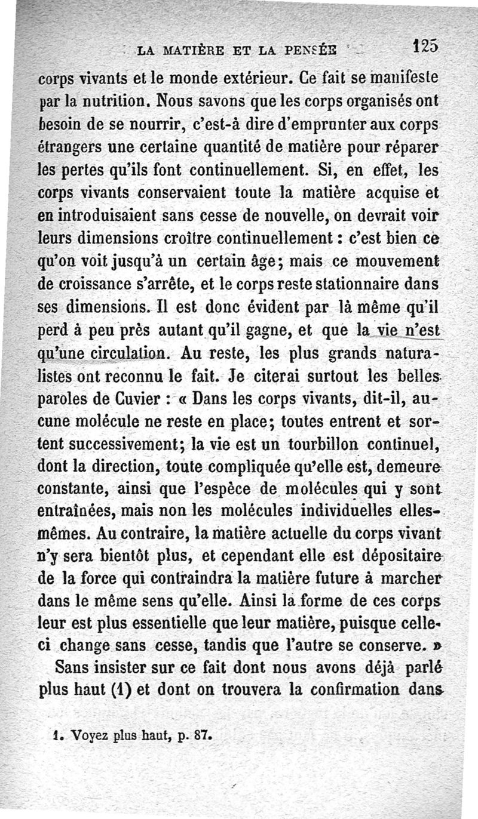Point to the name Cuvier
point(142,397)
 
